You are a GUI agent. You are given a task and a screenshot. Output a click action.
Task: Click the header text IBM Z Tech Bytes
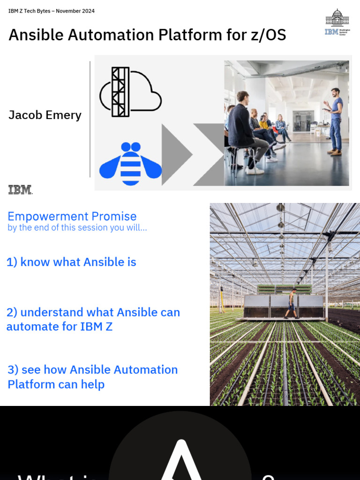30,11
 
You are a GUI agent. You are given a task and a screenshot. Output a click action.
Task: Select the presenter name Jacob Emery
45,115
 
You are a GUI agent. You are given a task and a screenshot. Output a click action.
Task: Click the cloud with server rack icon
130,92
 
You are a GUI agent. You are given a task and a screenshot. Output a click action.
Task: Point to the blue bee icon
130,164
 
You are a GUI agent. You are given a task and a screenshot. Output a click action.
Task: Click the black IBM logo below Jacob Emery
20,189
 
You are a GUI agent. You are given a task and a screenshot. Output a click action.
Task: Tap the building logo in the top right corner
337,22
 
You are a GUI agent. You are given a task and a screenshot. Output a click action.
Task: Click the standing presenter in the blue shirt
335,120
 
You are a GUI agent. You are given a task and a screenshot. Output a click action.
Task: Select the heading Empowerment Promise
72,216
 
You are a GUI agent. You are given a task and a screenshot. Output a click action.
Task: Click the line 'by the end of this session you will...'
77,228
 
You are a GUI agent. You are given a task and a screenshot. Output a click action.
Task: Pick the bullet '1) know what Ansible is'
71,262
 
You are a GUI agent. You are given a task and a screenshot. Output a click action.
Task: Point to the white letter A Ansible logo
180,462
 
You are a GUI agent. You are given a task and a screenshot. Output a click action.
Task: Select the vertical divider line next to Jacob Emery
90,119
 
